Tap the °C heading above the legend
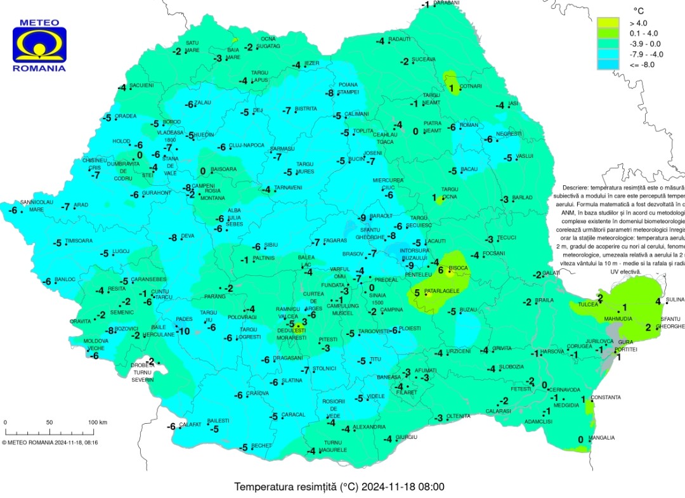point(639,10)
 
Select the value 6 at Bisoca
point(441,269)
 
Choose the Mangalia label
point(601,438)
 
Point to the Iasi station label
point(514,103)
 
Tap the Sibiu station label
point(271,245)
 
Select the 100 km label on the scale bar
point(97,423)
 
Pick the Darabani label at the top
point(447,3)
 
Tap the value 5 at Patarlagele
point(417,293)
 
